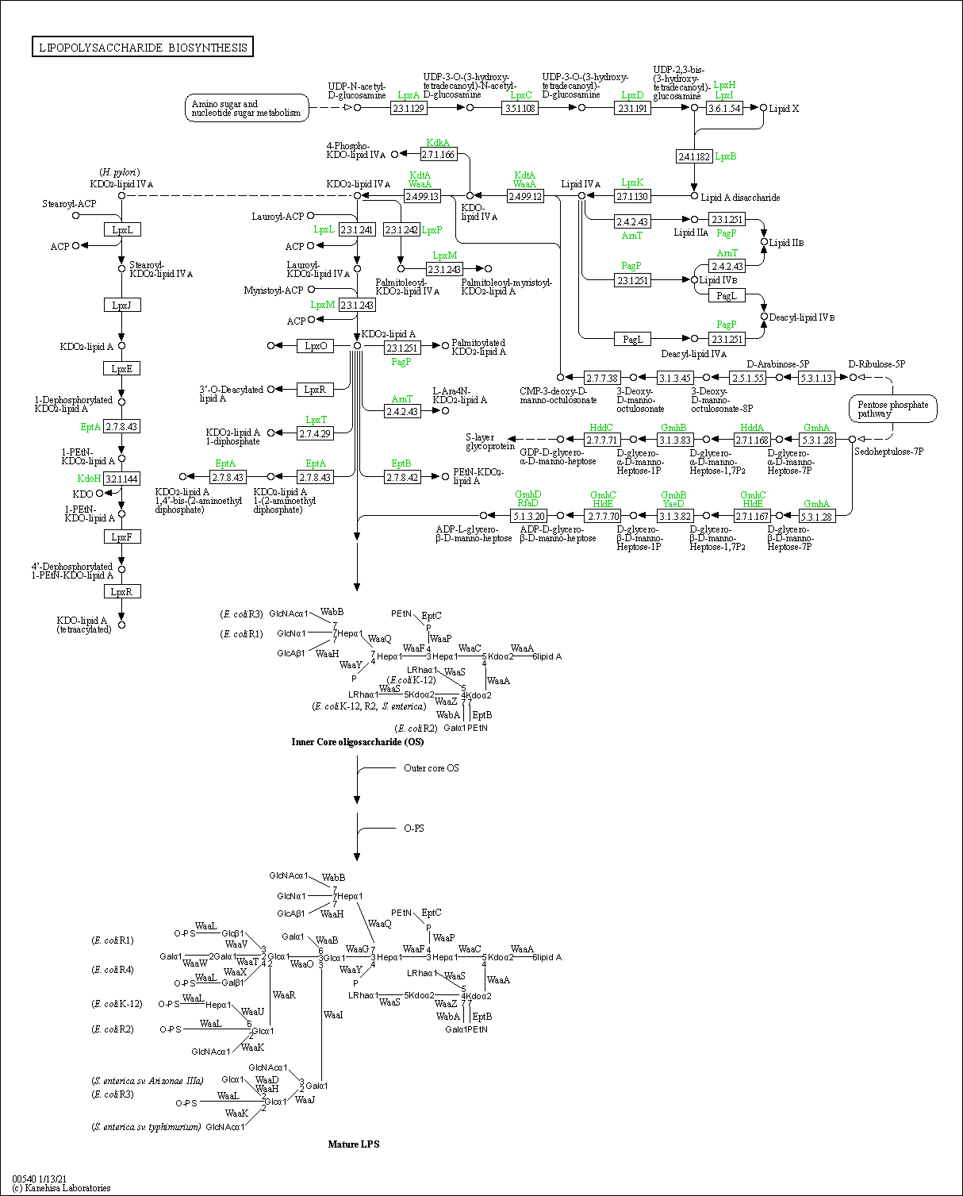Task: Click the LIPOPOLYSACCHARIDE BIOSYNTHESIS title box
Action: click(x=143, y=48)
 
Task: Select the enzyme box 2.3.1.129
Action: click(x=409, y=108)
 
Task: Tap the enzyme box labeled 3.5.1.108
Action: click(x=520, y=108)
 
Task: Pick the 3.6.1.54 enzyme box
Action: click(x=724, y=108)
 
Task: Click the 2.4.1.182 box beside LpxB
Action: click(x=694, y=156)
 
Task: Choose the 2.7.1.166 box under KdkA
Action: click(x=439, y=154)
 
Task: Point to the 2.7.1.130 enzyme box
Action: click(x=632, y=196)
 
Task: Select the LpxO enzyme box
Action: click(x=316, y=346)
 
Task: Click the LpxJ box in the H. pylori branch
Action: click(x=122, y=305)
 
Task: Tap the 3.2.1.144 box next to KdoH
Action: click(x=121, y=479)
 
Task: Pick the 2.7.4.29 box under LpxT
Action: click(x=315, y=433)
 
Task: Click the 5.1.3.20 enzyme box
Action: click(x=528, y=516)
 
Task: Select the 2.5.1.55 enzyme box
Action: click(x=748, y=378)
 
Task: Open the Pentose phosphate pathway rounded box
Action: click(x=892, y=410)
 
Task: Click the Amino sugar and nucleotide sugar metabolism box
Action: click(x=247, y=109)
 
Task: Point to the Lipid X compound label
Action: click(x=784, y=109)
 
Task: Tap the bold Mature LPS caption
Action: click(x=354, y=1144)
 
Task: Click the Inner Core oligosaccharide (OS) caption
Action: click(x=358, y=742)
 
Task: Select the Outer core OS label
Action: click(x=431, y=768)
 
